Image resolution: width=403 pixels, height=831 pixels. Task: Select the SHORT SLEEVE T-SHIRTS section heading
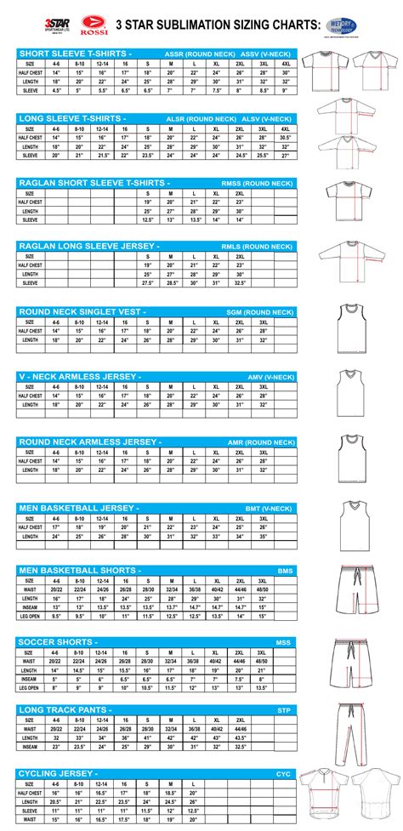pyautogui.click(x=71, y=54)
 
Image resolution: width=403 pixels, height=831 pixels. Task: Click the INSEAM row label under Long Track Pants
pyautogui.click(x=31, y=746)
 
